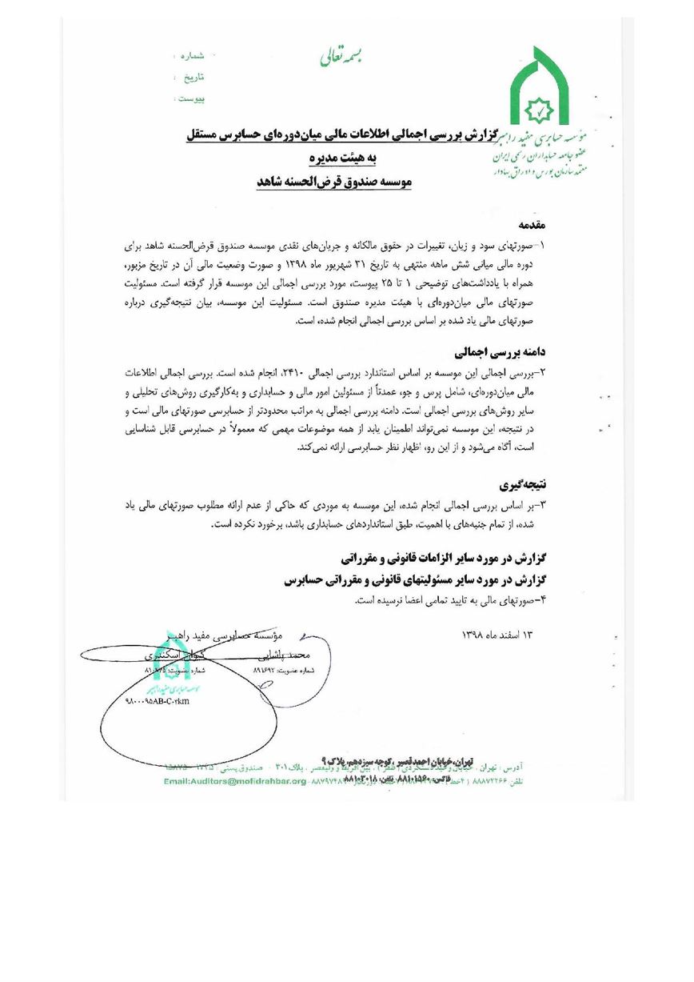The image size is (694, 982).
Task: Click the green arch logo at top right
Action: point(540,89)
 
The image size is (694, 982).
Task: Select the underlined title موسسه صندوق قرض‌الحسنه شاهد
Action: point(334,182)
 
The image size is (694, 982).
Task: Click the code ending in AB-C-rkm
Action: point(159,701)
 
